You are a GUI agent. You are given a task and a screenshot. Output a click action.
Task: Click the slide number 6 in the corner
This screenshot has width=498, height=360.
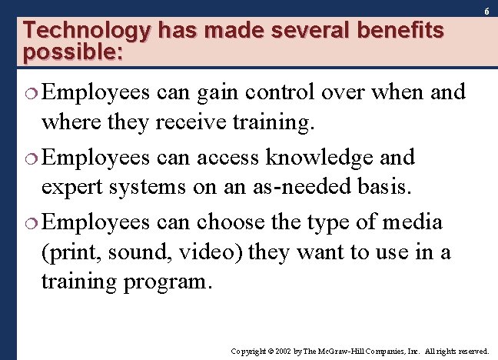(486, 12)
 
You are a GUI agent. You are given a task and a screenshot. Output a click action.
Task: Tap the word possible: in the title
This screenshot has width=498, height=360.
(73, 54)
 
